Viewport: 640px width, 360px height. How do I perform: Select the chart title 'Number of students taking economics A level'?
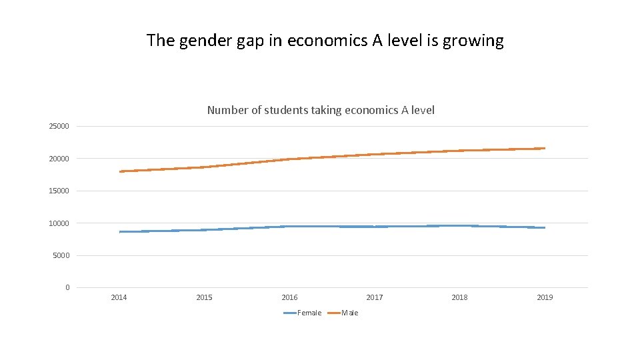321,110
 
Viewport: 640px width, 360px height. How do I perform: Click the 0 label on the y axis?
67,288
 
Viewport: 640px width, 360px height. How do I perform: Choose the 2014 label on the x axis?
119,297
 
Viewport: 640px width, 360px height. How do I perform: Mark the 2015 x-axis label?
204,297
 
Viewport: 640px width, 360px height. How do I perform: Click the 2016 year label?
289,297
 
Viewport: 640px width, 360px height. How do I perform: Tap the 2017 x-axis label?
375,297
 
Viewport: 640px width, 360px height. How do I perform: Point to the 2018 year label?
459,297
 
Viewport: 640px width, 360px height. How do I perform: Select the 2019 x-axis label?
545,297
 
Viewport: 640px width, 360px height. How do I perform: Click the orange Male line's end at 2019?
545,148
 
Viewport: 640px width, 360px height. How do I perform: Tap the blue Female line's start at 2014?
120,231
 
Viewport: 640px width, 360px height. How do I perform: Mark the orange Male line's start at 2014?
120,171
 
